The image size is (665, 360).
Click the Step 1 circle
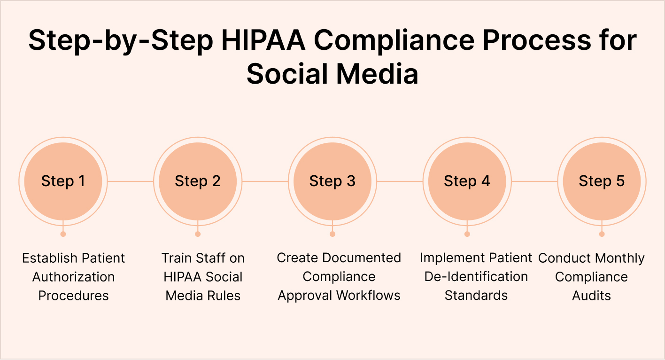pos(63,181)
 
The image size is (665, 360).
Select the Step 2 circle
pos(198,181)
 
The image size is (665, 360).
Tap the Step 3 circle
pos(332,181)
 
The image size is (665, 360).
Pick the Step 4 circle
pos(467,181)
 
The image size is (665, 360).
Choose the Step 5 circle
pos(602,181)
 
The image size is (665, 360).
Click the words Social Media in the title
pos(332,74)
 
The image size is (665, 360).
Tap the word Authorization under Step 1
pos(73,277)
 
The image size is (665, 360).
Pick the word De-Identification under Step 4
pos(476,277)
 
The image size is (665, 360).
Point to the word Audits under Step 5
pos(591,296)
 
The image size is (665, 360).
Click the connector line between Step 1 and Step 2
pos(131,181)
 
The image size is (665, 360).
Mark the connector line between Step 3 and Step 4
pos(400,181)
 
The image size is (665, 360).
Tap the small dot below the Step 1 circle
pos(63,234)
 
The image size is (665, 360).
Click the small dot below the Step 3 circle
pos(332,234)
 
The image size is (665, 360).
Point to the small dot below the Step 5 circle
pos(602,234)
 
